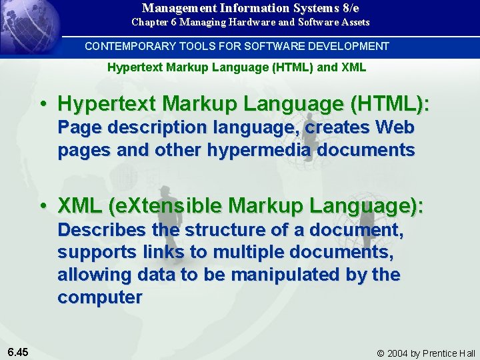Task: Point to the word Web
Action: (x=395, y=127)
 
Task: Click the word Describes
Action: (x=100, y=230)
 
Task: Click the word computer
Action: (x=99, y=297)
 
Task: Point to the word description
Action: (x=151, y=127)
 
